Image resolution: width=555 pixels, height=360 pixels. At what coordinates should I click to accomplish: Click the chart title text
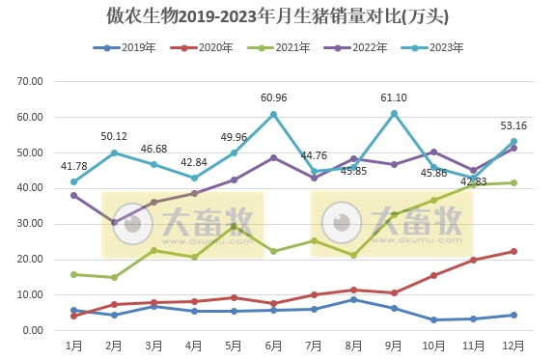click(x=277, y=17)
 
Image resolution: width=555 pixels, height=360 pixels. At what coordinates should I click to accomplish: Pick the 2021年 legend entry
click(x=293, y=47)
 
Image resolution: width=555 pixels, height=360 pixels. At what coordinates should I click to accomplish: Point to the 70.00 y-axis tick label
click(x=31, y=82)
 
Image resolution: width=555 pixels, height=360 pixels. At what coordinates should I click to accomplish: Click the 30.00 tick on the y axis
click(x=31, y=224)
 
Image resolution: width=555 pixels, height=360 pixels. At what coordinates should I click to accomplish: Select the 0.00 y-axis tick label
click(x=34, y=330)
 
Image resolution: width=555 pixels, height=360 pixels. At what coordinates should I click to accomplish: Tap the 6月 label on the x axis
click(x=274, y=345)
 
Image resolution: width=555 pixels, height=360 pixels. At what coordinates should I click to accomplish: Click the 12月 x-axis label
click(x=513, y=345)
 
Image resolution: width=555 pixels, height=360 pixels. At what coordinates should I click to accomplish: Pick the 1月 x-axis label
click(x=73, y=345)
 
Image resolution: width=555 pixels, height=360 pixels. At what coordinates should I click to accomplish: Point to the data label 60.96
click(x=274, y=97)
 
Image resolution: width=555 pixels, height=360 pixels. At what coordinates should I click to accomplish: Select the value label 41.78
click(x=74, y=166)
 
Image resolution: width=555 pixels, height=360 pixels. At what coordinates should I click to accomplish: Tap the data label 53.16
click(x=513, y=125)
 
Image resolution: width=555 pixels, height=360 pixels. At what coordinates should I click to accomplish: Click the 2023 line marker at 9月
click(x=394, y=113)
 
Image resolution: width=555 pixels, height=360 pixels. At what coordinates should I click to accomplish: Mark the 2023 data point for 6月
click(x=274, y=114)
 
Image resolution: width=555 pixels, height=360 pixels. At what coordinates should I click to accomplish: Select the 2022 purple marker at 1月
click(x=73, y=195)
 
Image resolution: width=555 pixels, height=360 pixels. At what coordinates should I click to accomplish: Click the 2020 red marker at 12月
click(x=513, y=251)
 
